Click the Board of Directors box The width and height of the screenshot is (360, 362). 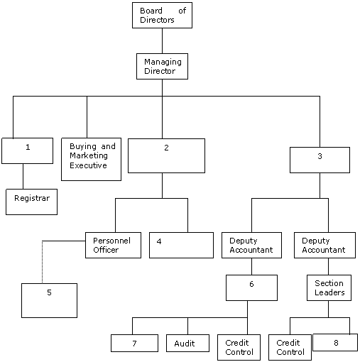point(162,16)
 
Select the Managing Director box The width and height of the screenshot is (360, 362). point(162,66)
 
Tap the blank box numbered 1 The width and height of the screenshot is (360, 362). point(27,150)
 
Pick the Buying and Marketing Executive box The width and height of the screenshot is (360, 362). point(91,159)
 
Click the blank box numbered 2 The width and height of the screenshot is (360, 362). point(166,155)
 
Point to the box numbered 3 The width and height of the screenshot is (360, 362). point(320,160)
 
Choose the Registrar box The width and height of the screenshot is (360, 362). point(31,202)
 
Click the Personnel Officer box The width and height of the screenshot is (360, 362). point(113,245)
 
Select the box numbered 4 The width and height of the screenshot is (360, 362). point(181,245)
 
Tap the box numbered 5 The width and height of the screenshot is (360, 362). point(49,300)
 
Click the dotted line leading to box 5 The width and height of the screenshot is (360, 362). point(43,262)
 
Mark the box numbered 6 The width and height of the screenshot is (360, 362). point(251,287)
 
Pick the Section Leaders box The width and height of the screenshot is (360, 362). point(329,287)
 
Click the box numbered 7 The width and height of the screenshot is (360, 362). point(134,343)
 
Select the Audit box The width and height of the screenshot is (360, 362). point(187,343)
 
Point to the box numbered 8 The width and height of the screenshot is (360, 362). point(335,342)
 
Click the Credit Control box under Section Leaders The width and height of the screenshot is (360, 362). point(290,347)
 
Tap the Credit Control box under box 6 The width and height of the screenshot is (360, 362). point(239,347)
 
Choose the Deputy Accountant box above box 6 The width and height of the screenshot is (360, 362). point(251,245)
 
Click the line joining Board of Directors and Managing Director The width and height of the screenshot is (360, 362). point(162,40)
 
